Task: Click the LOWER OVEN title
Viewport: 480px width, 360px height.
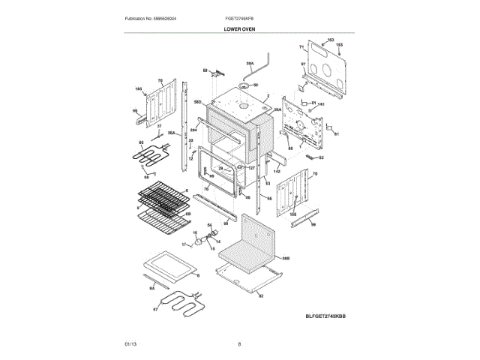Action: click(x=239, y=29)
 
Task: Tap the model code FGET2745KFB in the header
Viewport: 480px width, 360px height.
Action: click(x=239, y=17)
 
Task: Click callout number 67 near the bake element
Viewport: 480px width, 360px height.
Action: click(x=156, y=308)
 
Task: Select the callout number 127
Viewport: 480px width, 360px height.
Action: click(x=252, y=167)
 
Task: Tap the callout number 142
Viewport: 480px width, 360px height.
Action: click(x=276, y=172)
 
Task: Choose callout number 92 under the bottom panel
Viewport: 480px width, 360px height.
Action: click(x=261, y=295)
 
